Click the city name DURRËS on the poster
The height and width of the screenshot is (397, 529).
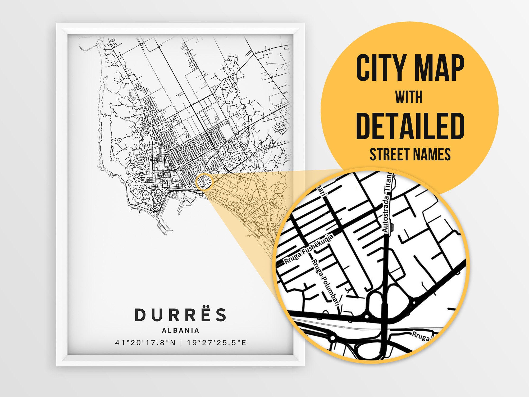click(181, 315)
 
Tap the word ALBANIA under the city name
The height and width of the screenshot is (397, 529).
click(181, 330)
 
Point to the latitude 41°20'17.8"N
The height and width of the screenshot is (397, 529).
click(145, 343)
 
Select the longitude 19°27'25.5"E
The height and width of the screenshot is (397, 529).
click(217, 343)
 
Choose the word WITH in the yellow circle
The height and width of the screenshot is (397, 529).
click(409, 97)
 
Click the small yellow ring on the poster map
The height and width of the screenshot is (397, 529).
click(204, 182)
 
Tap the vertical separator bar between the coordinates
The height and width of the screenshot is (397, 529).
click(181, 343)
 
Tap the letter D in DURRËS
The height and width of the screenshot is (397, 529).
click(140, 315)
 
